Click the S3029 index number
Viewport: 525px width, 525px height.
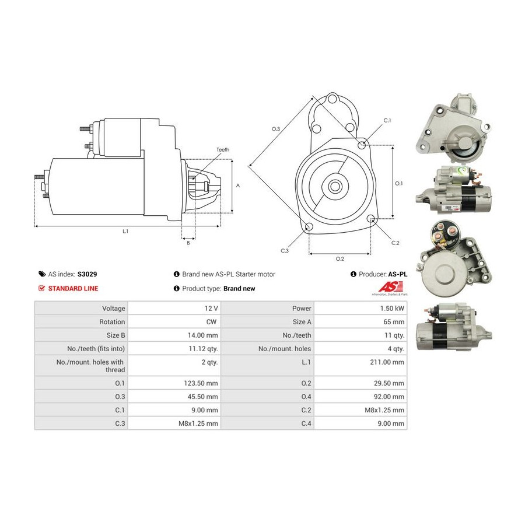tap(87, 274)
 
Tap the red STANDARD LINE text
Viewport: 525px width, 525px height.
tap(73, 289)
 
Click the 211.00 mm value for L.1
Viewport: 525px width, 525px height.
tap(387, 362)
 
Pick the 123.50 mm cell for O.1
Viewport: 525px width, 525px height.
tap(201, 383)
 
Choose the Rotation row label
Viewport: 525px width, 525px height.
tap(112, 322)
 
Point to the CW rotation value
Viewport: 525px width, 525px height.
tap(211, 322)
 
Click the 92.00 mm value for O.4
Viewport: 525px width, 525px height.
tap(388, 397)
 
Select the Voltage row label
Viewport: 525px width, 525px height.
tap(114, 309)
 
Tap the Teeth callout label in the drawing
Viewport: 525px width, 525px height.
tap(223, 150)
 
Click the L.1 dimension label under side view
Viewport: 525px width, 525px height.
tap(125, 232)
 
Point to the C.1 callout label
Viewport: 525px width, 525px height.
tap(387, 121)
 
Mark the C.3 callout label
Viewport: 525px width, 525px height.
tap(285, 251)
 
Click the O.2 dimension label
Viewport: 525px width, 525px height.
tap(340, 259)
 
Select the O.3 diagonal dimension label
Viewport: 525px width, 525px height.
tap(275, 129)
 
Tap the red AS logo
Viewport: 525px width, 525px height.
tap(390, 286)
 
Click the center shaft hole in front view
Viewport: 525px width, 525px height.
tap(334, 186)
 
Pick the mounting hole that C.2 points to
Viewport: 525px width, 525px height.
tap(370, 219)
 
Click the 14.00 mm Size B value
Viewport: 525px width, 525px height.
tap(202, 335)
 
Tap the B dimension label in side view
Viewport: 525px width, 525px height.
tap(188, 243)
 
